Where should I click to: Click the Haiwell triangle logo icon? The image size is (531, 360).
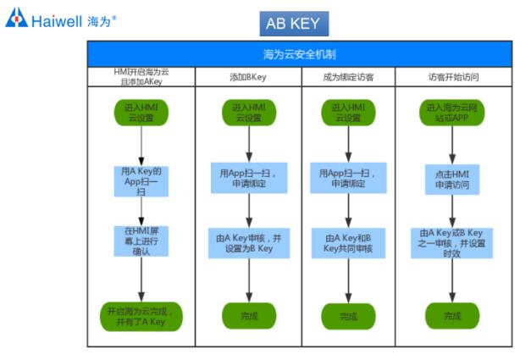(16, 18)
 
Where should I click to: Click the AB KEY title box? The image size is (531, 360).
(293, 24)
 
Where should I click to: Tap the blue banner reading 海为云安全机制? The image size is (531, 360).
(300, 54)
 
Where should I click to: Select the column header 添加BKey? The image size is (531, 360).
(248, 77)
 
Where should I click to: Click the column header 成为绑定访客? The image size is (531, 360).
(347, 77)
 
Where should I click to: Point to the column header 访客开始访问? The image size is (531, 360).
(453, 77)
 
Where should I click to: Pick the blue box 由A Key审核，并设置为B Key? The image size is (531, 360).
(248, 243)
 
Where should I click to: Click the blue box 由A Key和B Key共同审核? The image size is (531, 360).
(347, 243)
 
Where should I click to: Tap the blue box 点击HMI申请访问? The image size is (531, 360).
(452, 180)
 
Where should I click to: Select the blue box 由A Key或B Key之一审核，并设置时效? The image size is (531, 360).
(452, 243)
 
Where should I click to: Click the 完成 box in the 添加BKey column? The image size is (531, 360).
(248, 316)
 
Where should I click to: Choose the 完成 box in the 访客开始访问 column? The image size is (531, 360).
(452, 316)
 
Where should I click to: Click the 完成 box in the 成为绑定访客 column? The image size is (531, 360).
(347, 316)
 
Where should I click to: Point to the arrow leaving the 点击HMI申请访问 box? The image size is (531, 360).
(452, 211)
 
